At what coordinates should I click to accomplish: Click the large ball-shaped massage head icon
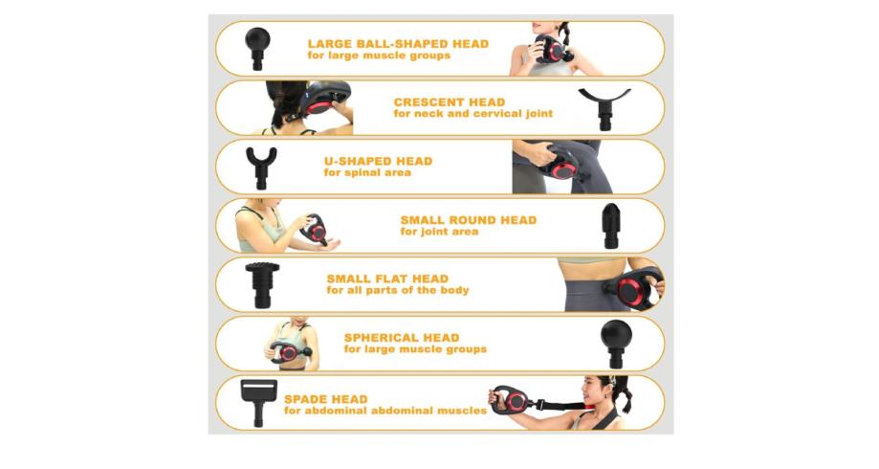point(257,48)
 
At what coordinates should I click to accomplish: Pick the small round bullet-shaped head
point(611,226)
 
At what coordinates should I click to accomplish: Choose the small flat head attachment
point(262,284)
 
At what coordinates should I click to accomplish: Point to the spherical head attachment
point(616,344)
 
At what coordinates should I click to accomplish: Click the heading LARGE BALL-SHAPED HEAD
point(398,44)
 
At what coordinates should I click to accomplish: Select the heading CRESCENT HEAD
point(449,102)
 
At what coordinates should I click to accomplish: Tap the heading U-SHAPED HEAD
point(379,161)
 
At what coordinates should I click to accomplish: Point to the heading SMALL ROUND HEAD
point(469,220)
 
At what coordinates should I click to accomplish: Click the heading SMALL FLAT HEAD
point(387,279)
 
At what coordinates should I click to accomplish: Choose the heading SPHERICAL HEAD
point(402,338)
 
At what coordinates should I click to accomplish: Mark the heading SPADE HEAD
point(326,399)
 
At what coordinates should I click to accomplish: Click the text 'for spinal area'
point(367,173)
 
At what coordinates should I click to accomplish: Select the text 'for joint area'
point(440,232)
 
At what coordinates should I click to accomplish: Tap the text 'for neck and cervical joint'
point(473,114)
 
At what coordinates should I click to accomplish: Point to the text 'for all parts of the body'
point(398,291)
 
